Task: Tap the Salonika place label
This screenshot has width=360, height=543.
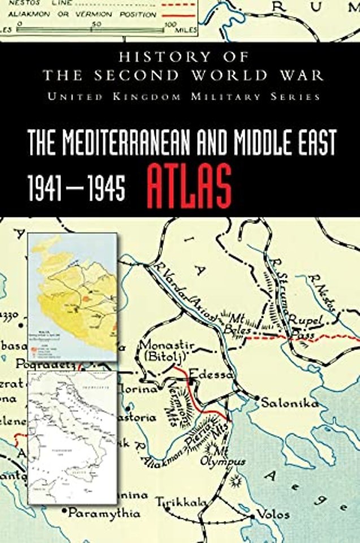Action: point(289,403)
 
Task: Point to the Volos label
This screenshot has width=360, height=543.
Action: point(276,514)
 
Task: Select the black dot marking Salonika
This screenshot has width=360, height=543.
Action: point(257,398)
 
